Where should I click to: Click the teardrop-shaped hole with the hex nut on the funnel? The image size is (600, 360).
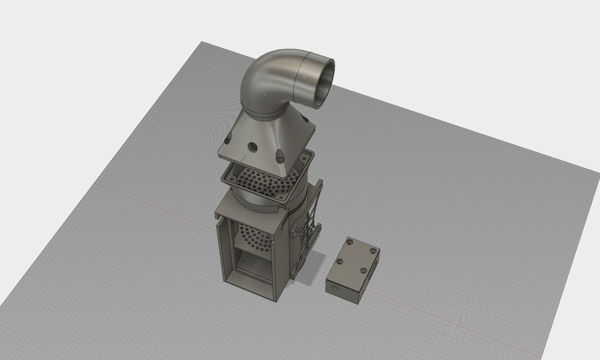[280, 157]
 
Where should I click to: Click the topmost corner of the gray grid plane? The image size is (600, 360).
[202, 42]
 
